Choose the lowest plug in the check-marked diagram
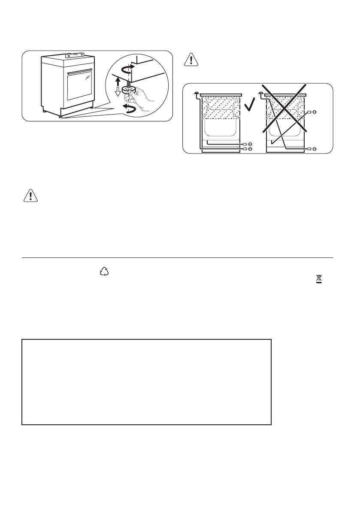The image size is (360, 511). click(x=248, y=148)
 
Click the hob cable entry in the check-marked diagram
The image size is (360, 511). click(x=196, y=93)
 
